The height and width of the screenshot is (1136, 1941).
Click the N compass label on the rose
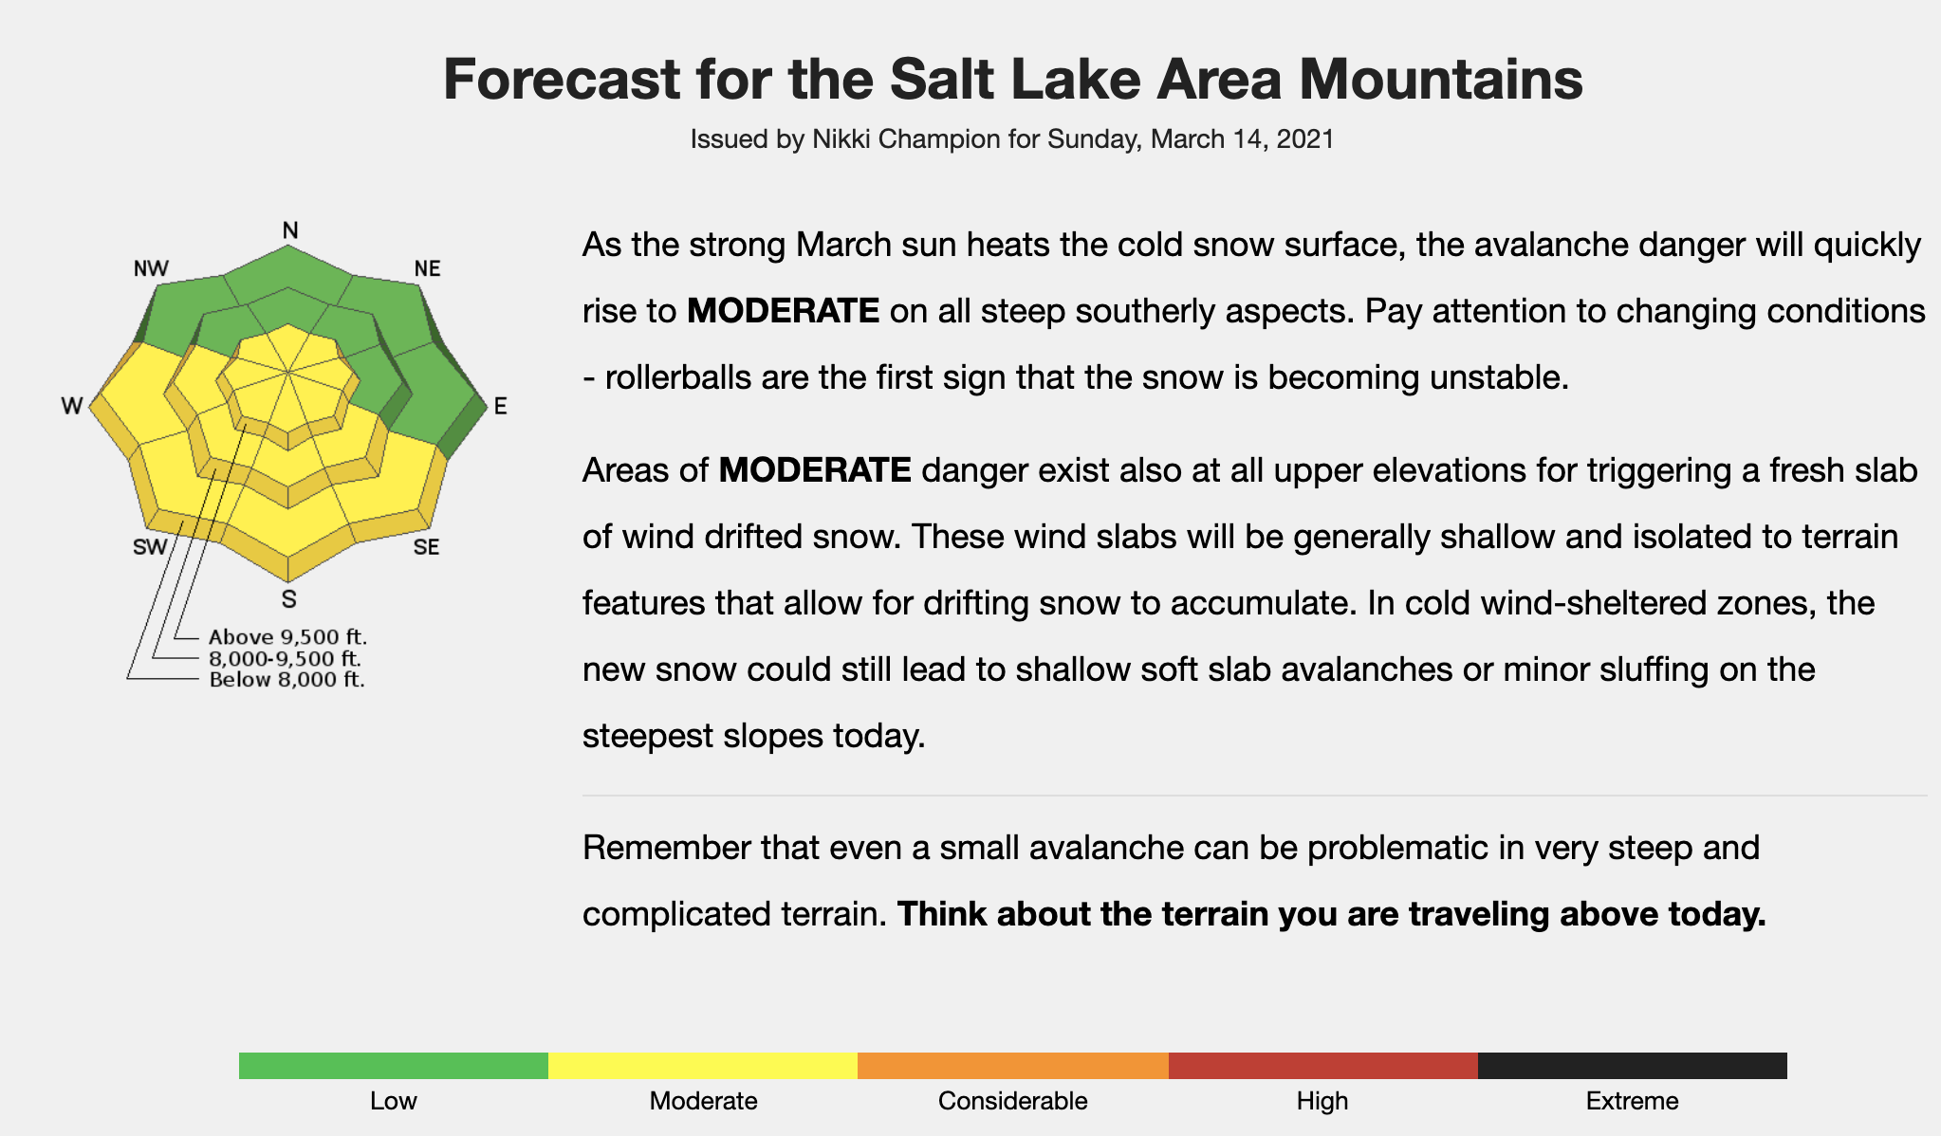290,230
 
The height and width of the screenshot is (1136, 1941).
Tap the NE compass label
428,268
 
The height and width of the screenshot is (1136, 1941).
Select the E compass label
501,407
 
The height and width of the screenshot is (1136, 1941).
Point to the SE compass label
426,547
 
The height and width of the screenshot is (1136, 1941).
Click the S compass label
289,599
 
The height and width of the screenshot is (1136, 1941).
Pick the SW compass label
150,547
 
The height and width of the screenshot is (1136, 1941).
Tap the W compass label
72,407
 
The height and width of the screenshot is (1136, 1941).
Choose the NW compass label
152,268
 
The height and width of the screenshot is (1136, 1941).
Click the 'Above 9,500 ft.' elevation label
287,637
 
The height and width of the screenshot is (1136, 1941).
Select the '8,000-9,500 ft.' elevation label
285,658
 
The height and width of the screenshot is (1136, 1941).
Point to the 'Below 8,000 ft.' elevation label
287,679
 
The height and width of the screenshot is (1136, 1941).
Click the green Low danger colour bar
394,1066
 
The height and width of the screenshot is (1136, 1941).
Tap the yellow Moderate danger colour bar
703,1066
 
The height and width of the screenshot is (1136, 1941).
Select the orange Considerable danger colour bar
1013,1066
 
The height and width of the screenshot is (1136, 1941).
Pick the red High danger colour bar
1323,1066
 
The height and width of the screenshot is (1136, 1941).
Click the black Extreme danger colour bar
1633,1066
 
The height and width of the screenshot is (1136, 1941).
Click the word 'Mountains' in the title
1441,79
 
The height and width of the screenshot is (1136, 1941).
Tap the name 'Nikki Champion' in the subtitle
906,139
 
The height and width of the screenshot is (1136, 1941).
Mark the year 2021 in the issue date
1305,139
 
